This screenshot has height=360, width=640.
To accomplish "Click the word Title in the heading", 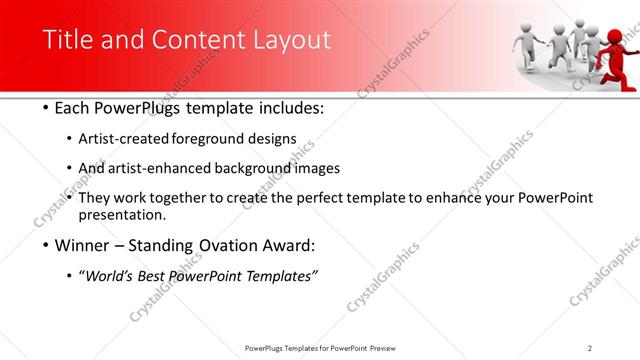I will click(66, 40).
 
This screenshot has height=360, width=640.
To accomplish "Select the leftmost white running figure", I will click(526, 50).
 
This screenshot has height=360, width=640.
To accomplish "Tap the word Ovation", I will click(233, 245).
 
